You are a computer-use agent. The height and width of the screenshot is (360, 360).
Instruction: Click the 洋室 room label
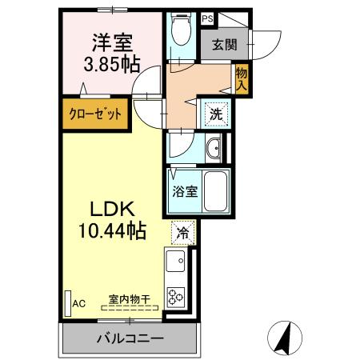coord(112,40)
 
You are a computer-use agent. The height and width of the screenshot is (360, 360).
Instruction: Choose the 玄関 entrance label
coord(223,45)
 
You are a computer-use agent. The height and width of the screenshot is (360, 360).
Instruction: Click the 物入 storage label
coord(241,78)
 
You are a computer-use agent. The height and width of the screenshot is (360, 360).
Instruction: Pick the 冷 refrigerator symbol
coord(183,234)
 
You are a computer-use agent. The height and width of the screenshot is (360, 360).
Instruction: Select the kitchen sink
coord(176,262)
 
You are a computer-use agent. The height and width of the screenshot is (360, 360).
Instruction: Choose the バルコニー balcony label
coord(130,338)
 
